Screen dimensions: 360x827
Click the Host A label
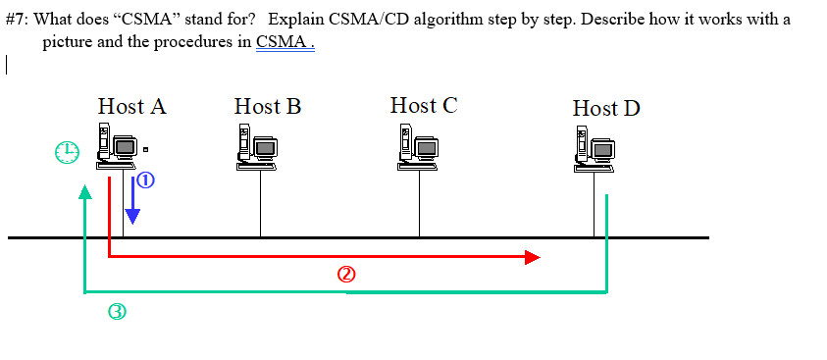pos(131,107)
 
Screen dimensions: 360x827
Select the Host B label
pos(267,107)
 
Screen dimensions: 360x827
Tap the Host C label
pos(423,105)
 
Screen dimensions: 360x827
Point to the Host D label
pos(606,108)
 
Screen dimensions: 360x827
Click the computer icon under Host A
pos(116,147)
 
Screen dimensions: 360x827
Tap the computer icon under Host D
pos(594,148)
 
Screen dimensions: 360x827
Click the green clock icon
pos(66,152)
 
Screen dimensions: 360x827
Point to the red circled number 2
pos(344,276)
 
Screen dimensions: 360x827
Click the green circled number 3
pos(117,313)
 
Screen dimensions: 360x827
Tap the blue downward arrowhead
pos(131,217)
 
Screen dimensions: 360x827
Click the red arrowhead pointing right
pos(532,257)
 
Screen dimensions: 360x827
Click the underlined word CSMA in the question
pos(284,43)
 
